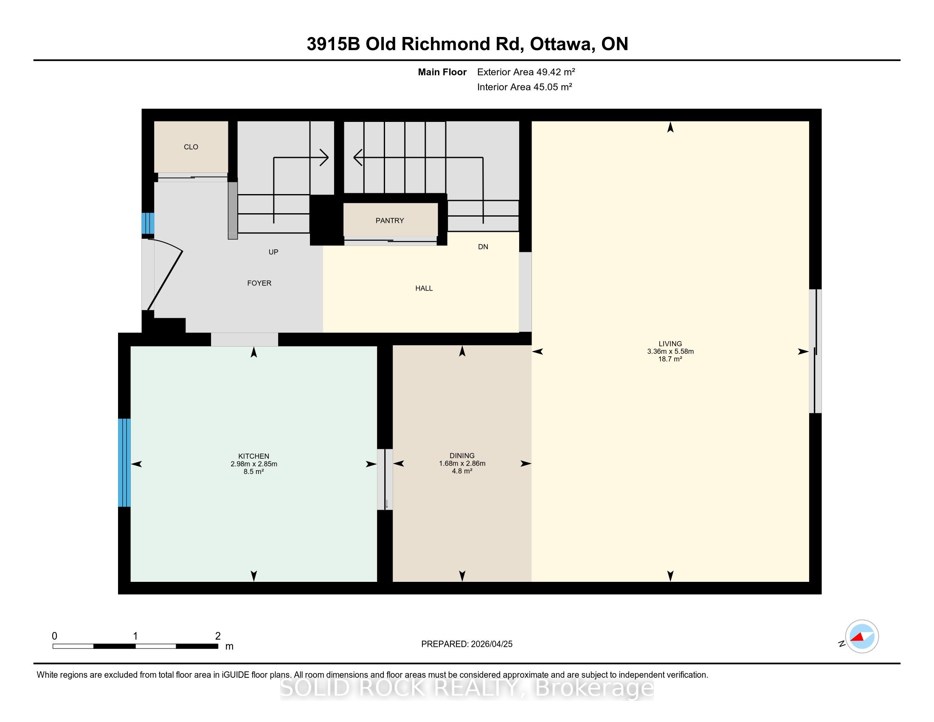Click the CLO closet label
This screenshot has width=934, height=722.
pos(191,147)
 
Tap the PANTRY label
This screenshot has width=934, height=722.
pos(390,221)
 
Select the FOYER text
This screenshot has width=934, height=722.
pos(259,283)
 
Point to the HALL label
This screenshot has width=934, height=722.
pos(424,288)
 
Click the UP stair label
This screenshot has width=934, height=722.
pos(273,252)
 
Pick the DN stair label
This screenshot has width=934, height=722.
pos(483,247)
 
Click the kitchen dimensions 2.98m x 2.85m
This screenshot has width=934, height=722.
pos(253,464)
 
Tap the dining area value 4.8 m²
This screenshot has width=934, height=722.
pos(462,471)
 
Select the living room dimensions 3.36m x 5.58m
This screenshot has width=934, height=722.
pos(670,352)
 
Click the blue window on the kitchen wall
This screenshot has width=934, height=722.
pos(124,463)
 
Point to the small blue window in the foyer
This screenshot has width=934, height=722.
pos(148,223)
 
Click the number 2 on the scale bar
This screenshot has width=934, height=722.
pos(218,636)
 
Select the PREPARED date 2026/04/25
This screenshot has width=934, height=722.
pos(491,644)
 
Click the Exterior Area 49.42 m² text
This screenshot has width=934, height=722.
pos(526,72)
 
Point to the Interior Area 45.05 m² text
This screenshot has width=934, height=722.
pos(525,87)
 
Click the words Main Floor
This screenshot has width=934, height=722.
pos(442,72)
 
